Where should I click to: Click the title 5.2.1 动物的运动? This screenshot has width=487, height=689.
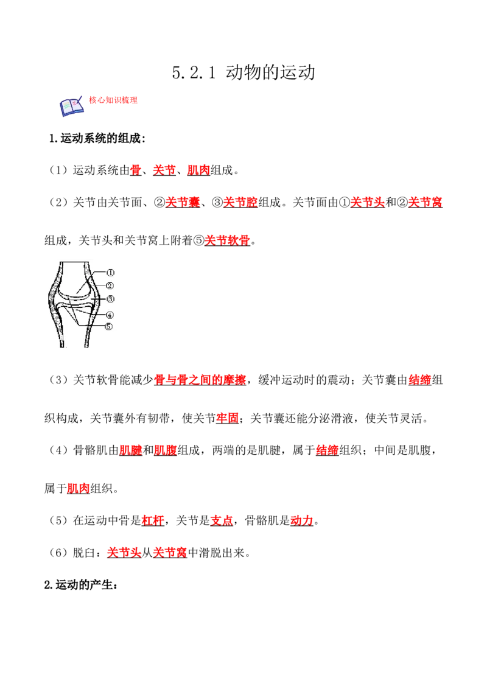click(x=243, y=72)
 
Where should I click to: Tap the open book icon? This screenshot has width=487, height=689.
click(x=72, y=107)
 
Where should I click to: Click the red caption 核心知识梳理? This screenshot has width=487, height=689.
click(x=113, y=100)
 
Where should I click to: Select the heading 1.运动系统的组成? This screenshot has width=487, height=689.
click(x=97, y=138)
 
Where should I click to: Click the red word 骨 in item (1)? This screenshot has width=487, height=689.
click(x=136, y=170)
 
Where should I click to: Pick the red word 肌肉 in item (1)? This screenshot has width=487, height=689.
click(x=198, y=170)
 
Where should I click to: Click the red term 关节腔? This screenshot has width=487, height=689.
click(x=240, y=202)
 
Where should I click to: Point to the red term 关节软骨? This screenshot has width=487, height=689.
click(x=227, y=240)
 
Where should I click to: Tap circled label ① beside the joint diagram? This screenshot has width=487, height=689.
click(x=110, y=273)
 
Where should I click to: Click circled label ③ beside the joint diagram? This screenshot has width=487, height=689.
click(x=110, y=299)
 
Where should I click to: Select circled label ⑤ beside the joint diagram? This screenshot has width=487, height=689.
click(x=108, y=326)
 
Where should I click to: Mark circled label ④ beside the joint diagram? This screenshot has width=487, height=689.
click(x=110, y=315)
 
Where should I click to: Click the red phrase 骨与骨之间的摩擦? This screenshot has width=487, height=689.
click(x=200, y=380)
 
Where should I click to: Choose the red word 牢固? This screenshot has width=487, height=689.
click(x=227, y=418)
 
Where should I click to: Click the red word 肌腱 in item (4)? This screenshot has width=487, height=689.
click(x=130, y=450)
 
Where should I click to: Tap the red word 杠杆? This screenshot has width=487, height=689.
click(x=153, y=520)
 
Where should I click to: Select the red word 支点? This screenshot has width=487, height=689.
click(x=222, y=520)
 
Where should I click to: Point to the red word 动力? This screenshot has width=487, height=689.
click(x=302, y=520)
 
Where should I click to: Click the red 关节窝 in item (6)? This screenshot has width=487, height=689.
click(x=170, y=552)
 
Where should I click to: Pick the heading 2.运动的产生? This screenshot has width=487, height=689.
click(x=81, y=585)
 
